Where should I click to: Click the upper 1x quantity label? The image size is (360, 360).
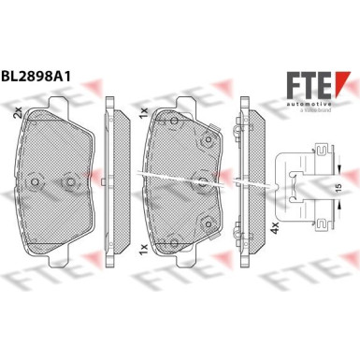[x=142, y=111]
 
